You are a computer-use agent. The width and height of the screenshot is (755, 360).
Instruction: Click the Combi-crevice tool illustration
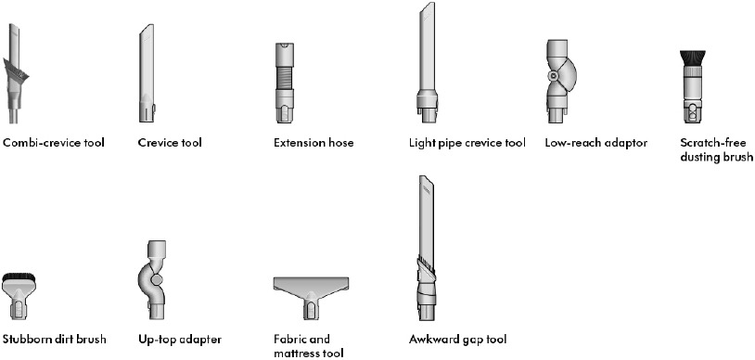17,74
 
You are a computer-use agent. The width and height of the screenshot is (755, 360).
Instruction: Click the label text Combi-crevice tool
54,143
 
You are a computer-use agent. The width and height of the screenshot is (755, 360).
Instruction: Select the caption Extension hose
314,143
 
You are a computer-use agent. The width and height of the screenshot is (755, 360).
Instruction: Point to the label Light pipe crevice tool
467,143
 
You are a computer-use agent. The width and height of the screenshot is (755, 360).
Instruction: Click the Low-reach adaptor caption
595,143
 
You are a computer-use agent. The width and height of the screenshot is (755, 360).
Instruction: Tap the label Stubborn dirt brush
54,340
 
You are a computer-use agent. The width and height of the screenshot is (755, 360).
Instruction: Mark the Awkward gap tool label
457,340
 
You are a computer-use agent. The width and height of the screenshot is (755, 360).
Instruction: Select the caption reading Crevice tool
170,143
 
